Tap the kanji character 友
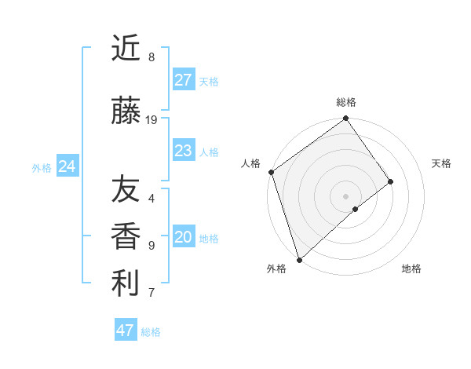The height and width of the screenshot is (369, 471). [x=126, y=188]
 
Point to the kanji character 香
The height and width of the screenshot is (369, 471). [x=126, y=236]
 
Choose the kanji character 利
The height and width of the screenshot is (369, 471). [x=126, y=283]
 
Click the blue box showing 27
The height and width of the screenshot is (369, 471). [x=184, y=80]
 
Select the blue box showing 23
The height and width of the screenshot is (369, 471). [x=184, y=151]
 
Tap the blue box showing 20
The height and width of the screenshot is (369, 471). [x=184, y=238]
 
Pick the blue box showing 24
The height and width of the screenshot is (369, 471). [x=68, y=166]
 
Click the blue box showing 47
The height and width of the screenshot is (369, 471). [x=126, y=331]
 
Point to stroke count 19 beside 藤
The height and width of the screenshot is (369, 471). [x=152, y=120]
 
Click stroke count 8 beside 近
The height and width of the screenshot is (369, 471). [x=151, y=57]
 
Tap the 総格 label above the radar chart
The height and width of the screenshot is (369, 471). [x=346, y=102]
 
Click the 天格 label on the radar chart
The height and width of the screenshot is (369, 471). [x=441, y=163]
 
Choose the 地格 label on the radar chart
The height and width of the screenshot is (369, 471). [x=411, y=269]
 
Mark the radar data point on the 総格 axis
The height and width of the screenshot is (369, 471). [x=345, y=119]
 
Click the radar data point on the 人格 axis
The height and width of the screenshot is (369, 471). [x=271, y=172]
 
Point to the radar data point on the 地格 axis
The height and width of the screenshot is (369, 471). [x=356, y=209]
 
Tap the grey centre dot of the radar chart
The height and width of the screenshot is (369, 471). [x=345, y=195]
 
